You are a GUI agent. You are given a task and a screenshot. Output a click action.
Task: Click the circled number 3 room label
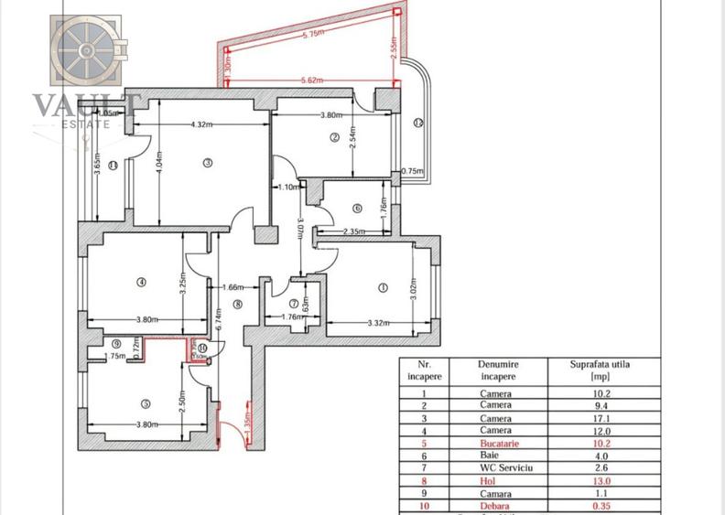coord(208,163)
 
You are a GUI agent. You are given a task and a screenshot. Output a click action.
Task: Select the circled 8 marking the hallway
coord(237,305)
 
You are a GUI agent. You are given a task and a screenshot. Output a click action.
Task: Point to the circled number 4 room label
coord(142,282)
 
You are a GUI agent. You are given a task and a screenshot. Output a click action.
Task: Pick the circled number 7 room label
coord(294,304)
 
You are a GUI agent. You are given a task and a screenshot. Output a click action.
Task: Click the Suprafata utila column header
coord(601,369)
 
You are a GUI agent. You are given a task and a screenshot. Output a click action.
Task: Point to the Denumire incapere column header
coord(500,369)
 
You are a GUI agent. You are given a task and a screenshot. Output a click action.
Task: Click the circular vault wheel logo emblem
coord(84,49)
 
